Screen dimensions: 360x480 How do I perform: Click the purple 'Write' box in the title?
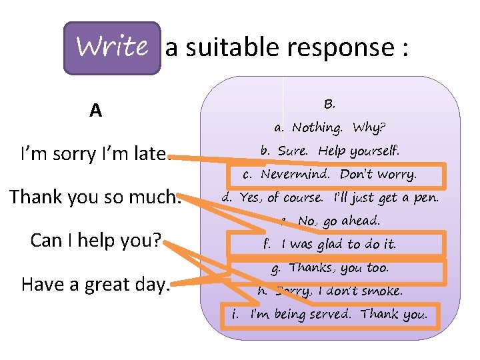(x=112, y=47)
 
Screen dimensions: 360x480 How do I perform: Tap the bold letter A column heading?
(x=96, y=110)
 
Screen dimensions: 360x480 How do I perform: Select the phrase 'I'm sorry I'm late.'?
(x=94, y=154)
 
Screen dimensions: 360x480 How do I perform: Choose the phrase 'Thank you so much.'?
(x=95, y=197)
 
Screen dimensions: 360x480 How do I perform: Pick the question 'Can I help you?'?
(x=96, y=241)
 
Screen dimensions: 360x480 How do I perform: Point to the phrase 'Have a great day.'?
(x=96, y=284)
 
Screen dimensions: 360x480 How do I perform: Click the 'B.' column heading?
(x=329, y=104)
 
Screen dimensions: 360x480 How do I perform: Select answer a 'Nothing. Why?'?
(x=330, y=127)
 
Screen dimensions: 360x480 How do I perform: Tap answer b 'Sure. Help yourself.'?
(x=330, y=151)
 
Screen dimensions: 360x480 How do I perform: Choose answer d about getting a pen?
(x=330, y=197)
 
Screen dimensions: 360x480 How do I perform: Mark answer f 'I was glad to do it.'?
(x=330, y=244)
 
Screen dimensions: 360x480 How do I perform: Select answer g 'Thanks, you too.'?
(x=330, y=268)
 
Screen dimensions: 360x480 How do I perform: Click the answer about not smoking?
(x=330, y=291)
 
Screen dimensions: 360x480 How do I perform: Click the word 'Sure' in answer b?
(x=292, y=151)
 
